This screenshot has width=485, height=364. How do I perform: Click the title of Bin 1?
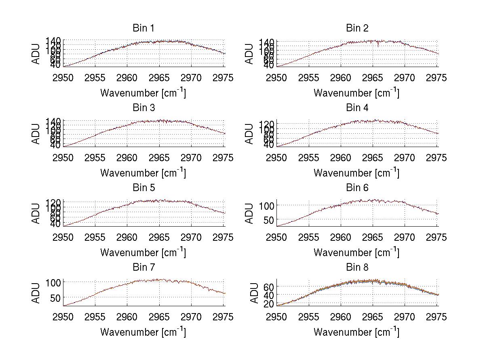143,28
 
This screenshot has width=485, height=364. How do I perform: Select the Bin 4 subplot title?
357,108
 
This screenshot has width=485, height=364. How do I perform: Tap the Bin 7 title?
143,267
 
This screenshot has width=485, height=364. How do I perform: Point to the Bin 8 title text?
357,267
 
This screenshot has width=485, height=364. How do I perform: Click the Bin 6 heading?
357,188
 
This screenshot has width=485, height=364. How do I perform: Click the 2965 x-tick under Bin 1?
160,78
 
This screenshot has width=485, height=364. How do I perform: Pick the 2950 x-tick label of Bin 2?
277,78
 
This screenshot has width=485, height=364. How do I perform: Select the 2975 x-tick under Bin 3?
223,158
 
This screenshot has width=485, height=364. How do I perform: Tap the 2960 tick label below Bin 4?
341,158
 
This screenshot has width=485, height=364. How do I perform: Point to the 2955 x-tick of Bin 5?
95,237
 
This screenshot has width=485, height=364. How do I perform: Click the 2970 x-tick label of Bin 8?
405,317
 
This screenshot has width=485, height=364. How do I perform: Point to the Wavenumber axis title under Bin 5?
143,252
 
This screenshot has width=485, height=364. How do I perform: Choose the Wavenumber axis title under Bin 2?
356,93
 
